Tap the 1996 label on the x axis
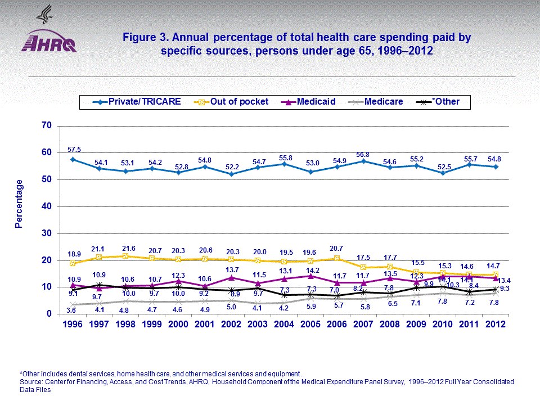pyautogui.click(x=72, y=325)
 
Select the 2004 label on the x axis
pyautogui.click(x=284, y=325)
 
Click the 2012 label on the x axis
pyautogui.click(x=496, y=325)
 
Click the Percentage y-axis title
pyautogui.click(x=19, y=204)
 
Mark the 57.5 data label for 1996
pyautogui.click(x=74, y=150)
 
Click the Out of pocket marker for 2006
pyautogui.click(x=337, y=258)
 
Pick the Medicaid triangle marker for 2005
pyautogui.click(x=310, y=276)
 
